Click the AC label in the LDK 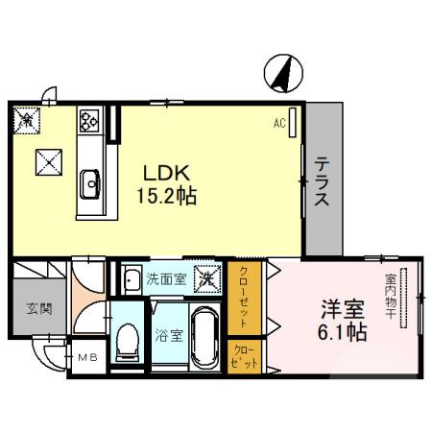point(279,124)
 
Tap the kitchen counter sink point(91,180)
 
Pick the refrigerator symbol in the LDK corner point(26,117)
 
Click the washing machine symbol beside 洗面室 point(205,280)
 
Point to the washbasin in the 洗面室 point(132,280)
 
